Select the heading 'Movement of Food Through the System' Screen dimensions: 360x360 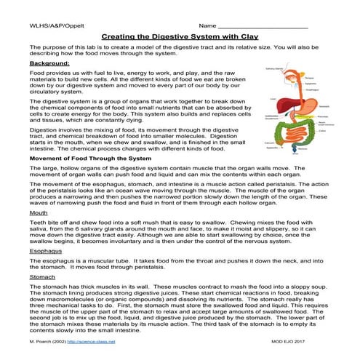click(x=90, y=178)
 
